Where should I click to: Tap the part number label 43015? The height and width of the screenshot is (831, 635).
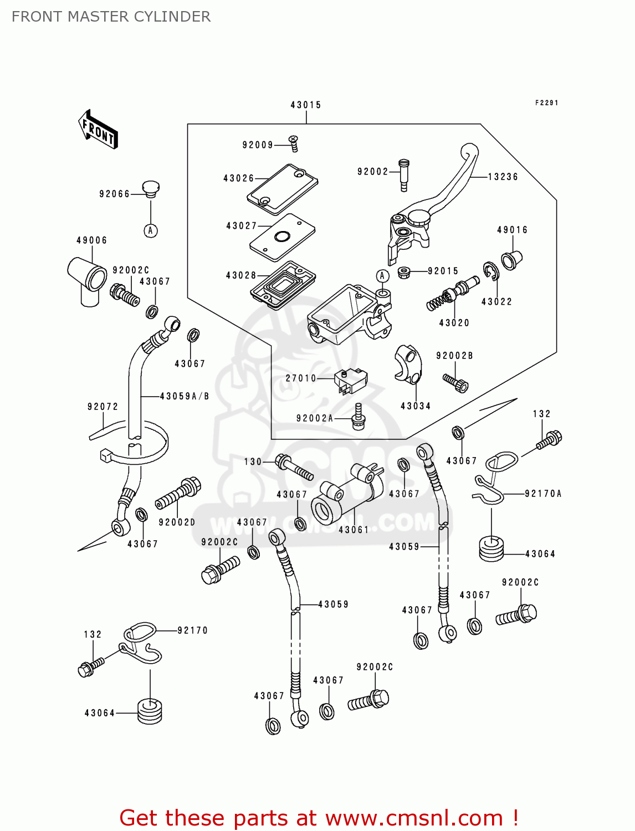[306, 105]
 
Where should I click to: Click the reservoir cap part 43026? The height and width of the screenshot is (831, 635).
[282, 189]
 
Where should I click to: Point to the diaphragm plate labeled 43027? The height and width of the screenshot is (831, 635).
[282, 237]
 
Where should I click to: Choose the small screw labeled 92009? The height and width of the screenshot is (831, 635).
[294, 143]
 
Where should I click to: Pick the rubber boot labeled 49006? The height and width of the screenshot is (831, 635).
[87, 278]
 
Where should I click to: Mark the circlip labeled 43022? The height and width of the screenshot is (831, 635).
[490, 271]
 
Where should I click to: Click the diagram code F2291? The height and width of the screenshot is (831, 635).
[546, 103]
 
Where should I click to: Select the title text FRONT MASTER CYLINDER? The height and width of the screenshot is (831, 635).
[111, 17]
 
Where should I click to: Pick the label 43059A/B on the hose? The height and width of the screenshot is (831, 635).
[185, 396]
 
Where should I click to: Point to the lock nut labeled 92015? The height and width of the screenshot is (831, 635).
[404, 273]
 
